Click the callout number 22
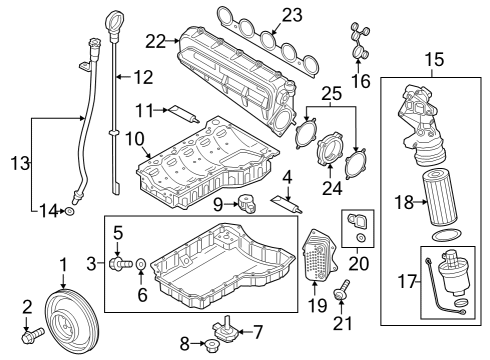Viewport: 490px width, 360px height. click(x=155, y=42)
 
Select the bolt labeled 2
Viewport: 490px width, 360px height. click(x=32, y=335)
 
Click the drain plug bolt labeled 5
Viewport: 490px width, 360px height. click(x=120, y=263)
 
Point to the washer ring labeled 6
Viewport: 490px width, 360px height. click(x=141, y=264)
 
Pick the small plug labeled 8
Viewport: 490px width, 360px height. click(x=211, y=345)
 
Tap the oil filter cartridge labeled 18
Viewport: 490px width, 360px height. click(x=440, y=198)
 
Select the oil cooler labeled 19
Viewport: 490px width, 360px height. click(x=319, y=255)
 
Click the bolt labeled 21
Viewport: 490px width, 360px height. click(x=342, y=289)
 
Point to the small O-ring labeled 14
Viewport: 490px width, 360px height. click(x=70, y=211)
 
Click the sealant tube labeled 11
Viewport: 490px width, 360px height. click(x=184, y=114)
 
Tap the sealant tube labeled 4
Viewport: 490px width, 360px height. click(x=287, y=204)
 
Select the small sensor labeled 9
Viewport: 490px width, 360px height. click(x=247, y=204)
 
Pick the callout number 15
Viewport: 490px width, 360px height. click(x=434, y=59)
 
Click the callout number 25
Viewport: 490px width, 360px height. click(x=331, y=94)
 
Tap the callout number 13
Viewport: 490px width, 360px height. click(x=20, y=163)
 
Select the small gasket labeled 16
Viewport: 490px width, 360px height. click(x=359, y=42)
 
